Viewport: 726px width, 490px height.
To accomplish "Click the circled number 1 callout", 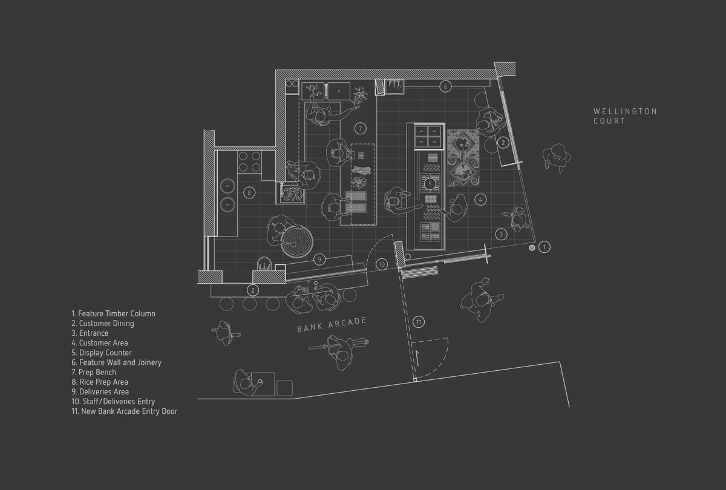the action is pos(544,247).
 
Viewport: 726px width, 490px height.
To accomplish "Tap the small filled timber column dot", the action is pos(532,248).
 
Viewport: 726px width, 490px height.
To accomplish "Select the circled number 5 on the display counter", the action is pos(430,184).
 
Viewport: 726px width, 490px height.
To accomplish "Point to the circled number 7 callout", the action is pos(360,128).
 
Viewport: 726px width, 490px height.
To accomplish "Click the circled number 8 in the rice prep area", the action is pos(249,193).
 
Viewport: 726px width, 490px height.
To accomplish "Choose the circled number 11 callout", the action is pos(419,322).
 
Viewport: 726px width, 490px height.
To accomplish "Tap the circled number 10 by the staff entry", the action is pos(382,264).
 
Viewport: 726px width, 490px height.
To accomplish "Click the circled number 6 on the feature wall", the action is pos(445,87).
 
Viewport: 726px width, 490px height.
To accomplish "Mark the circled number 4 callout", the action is pos(480,200).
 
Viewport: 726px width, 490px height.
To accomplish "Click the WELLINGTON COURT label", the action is pos(625,116).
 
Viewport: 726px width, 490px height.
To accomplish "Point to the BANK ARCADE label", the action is pos(332,325).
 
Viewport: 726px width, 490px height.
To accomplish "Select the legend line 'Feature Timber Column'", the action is pos(114,313).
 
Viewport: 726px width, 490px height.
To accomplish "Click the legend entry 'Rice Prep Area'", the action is pos(100,382).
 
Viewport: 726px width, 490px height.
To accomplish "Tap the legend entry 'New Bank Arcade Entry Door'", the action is pos(125,411).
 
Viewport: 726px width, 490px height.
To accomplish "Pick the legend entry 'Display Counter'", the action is pos(102,353).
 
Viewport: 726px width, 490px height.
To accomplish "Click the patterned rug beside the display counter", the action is pos(463,158).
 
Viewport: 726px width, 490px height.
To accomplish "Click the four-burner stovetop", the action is pos(249,162).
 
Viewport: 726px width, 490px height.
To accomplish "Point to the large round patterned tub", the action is pos(296,242).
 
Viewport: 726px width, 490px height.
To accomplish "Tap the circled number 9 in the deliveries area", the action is pos(319,260).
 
